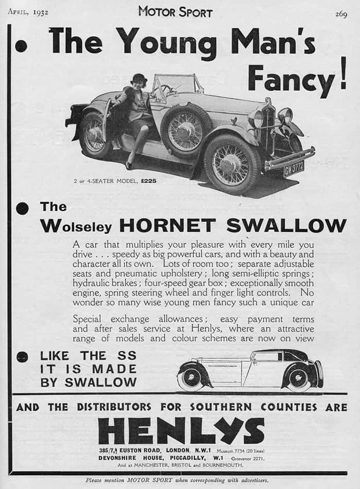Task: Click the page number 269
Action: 341,13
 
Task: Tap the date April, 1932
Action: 28,12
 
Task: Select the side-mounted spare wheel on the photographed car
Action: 186,130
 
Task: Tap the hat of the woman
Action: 139,79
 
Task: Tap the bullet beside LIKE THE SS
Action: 22,356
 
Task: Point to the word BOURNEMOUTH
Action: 226,465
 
